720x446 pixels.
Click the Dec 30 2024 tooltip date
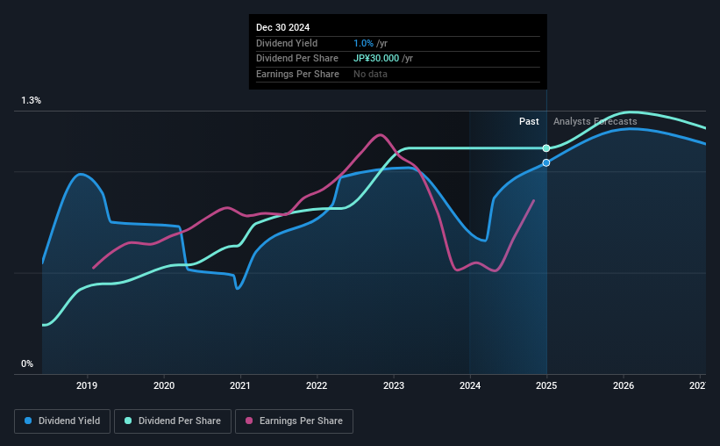283,27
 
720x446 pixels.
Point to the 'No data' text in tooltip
370,74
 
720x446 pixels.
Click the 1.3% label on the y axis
32,101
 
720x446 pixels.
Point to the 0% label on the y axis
27,363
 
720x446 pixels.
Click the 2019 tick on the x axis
87,385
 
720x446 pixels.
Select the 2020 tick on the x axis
164,385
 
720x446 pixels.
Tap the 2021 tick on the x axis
240,385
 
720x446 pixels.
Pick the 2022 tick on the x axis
317,385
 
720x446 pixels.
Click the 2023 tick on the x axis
394,385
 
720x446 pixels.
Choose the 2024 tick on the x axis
470,385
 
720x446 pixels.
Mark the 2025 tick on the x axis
547,385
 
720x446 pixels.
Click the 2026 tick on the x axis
624,385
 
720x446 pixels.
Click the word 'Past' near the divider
529,121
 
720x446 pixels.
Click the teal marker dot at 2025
546,148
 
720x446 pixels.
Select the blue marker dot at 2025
546,162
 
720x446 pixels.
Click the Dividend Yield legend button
62,421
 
